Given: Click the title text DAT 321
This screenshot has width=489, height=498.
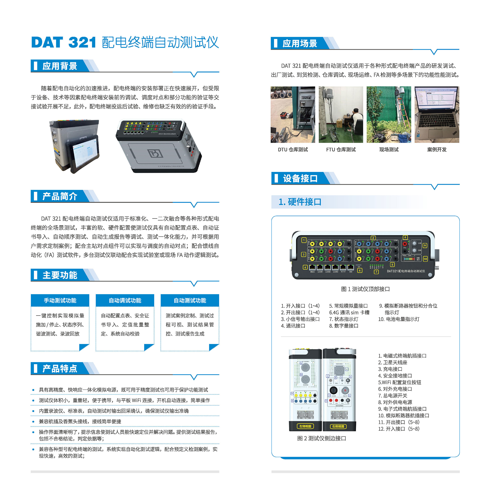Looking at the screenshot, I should coord(63,42).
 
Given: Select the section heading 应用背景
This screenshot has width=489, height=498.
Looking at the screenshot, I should coord(60,66).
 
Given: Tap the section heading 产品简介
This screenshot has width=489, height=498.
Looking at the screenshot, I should coord(60,196).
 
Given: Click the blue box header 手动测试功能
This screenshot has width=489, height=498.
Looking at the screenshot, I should coord(60,300).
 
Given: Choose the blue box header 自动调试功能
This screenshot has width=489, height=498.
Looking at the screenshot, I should coord(125,300).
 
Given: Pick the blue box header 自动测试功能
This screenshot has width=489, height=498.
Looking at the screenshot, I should coord(190,300).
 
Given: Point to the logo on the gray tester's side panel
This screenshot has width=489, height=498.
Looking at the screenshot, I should coord(155,153).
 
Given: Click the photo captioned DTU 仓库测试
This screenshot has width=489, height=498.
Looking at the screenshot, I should coord(293,115).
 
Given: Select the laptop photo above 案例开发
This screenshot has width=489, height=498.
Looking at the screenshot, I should coord(437,115).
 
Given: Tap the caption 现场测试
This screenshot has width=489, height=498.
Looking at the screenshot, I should coord(389,149).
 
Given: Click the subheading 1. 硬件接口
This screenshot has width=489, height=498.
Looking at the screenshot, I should coord(300,202).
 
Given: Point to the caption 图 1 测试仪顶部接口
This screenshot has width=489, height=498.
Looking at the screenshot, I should coord(365,289).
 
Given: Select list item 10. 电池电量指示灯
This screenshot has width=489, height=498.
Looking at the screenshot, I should coord(399,319).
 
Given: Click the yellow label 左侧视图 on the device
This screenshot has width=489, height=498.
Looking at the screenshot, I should coord(305,426).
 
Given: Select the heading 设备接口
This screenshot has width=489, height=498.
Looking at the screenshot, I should coord(300,178).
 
